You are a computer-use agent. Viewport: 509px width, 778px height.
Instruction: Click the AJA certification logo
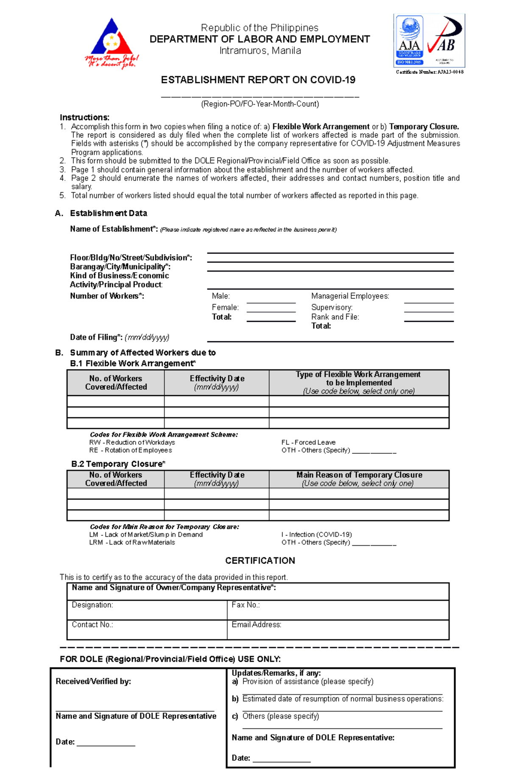[409, 41]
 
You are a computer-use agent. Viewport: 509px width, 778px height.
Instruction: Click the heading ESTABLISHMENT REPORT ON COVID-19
[258, 80]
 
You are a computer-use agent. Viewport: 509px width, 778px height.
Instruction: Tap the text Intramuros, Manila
[260, 51]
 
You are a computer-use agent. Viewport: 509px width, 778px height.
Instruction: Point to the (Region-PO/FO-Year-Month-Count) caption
[260, 104]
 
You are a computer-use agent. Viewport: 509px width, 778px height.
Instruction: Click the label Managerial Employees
[350, 296]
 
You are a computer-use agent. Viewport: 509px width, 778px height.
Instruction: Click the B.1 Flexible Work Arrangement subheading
[133, 363]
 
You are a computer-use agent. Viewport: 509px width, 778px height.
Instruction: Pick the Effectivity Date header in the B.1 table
[217, 382]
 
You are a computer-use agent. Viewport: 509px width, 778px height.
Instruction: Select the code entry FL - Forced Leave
[308, 442]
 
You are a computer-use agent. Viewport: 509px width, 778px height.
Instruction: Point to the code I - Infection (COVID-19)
[316, 535]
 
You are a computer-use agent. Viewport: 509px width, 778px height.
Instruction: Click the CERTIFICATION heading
[260, 560]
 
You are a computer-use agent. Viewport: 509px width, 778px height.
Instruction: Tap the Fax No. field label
[246, 605]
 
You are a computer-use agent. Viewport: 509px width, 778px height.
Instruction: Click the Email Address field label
[256, 625]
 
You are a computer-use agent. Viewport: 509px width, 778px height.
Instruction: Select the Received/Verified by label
[93, 681]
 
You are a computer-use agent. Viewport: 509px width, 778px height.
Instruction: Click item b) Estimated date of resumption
[338, 699]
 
